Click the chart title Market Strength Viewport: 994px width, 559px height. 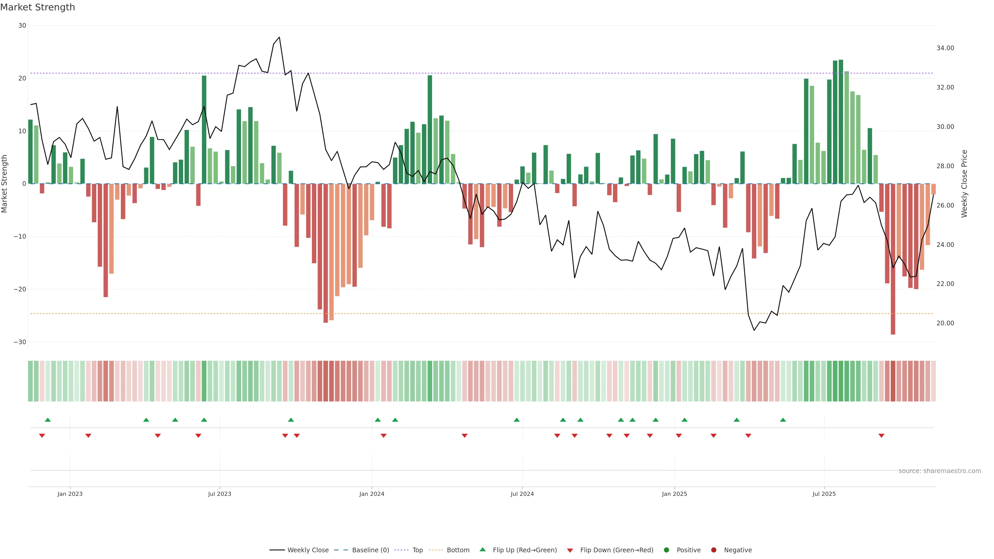pos(38,7)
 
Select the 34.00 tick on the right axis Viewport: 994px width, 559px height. pos(945,48)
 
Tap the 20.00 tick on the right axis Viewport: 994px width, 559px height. pos(945,323)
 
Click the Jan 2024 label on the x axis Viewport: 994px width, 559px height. pos(372,494)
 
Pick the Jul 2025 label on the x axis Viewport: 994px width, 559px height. pos(824,494)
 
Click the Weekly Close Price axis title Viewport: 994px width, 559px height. pos(964,184)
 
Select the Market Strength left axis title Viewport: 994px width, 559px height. pos(5,184)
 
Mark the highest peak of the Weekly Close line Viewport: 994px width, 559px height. pos(279,38)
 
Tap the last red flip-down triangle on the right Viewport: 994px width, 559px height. pos(881,436)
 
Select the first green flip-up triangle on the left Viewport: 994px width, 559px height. pos(48,420)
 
